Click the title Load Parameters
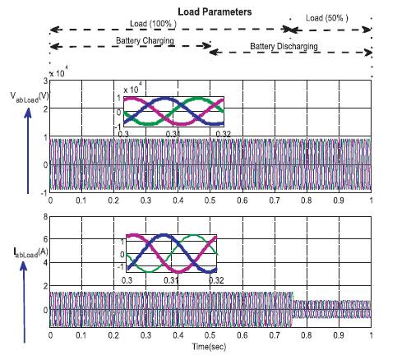215,12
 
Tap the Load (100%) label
153,24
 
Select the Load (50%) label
327,18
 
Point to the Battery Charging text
145,41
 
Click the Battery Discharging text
284,46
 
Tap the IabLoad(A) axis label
30,252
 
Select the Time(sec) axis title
209,347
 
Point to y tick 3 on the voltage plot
45,81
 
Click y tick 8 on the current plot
45,217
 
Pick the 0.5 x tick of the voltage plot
210,201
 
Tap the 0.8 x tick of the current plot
307,335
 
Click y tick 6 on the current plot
45,239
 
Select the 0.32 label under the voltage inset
224,134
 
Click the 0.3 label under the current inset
127,280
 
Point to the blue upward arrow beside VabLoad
28,150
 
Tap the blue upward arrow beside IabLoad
24,302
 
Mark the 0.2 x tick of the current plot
113,335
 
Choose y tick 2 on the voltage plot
45,108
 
